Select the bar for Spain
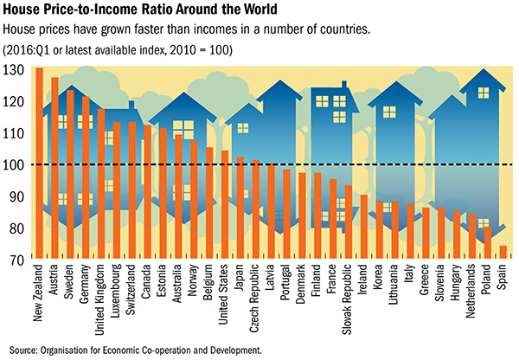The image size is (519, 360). (x=503, y=251)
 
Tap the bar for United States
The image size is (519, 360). (x=224, y=203)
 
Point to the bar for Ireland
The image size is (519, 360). (x=363, y=225)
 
